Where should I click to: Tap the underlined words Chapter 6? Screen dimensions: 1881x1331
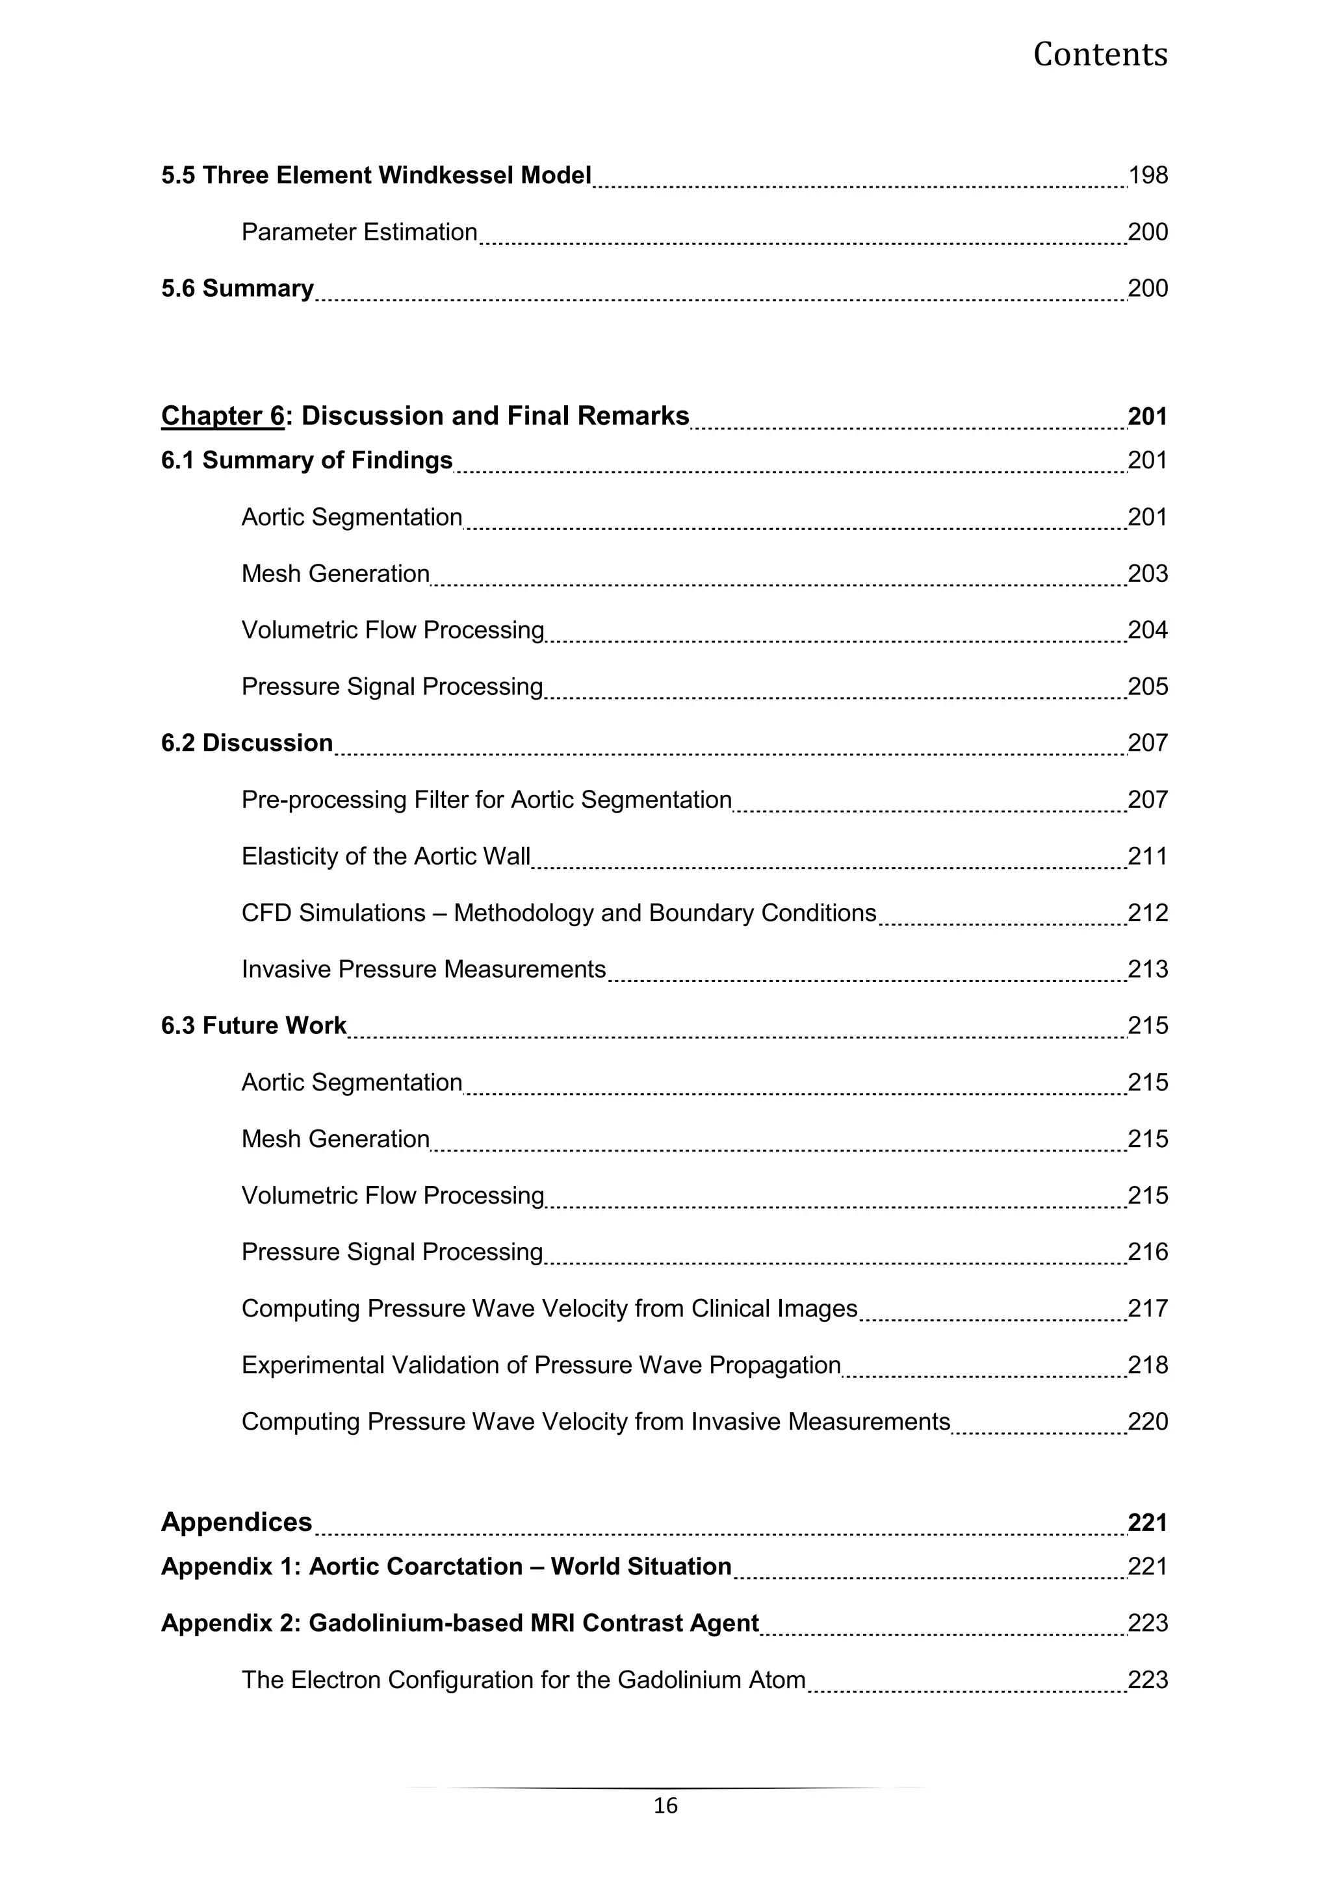point(222,416)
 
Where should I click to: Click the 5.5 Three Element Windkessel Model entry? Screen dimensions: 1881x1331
point(376,175)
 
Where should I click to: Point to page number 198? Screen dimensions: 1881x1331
point(1148,175)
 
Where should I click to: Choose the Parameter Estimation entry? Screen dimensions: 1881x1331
point(359,233)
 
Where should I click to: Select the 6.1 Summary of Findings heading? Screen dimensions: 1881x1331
point(307,461)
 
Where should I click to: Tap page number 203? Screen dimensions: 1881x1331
point(1148,574)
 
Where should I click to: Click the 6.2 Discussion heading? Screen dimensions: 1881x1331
point(247,743)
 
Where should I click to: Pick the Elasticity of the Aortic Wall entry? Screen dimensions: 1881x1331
point(386,856)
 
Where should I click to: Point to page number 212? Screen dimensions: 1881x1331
point(1148,913)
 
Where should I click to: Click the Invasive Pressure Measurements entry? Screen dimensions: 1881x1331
point(423,969)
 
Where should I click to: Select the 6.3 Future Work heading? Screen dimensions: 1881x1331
point(253,1026)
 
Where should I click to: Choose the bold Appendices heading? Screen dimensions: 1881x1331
point(236,1522)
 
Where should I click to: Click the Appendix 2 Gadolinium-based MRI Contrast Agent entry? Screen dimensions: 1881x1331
point(459,1623)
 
